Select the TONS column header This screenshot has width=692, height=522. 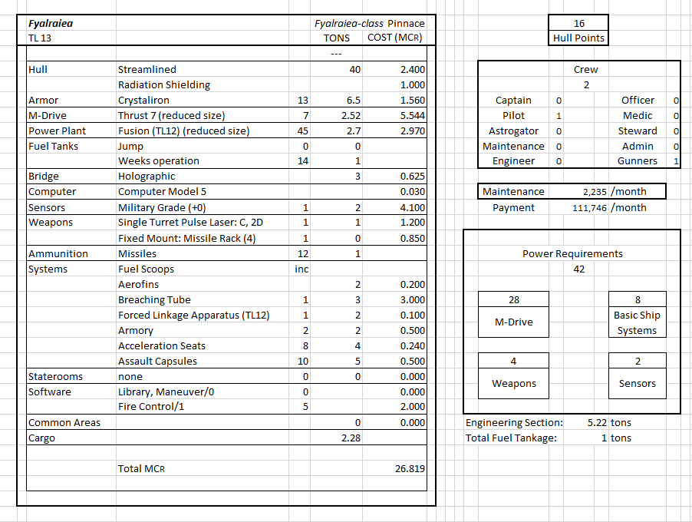337,38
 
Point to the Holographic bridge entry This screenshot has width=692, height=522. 147,177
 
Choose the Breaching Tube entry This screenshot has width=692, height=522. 154,299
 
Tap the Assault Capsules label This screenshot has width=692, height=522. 157,361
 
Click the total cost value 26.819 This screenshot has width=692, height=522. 410,468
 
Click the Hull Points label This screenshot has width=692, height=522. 578,38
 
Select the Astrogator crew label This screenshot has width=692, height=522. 513,130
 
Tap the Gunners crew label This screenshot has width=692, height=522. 637,161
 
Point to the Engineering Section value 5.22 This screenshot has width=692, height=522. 598,422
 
